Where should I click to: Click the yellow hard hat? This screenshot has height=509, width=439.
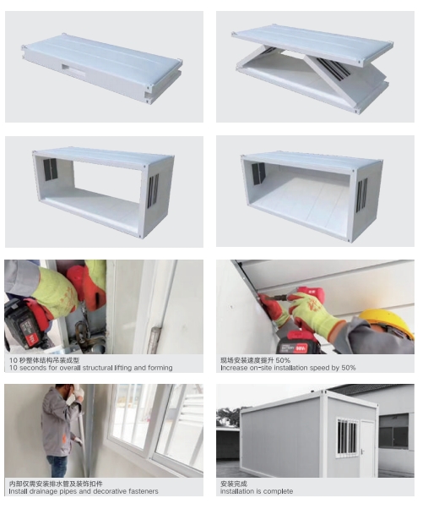[387, 323]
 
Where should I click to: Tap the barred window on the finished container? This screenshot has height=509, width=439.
[347, 436]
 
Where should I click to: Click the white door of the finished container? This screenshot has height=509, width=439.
[367, 448]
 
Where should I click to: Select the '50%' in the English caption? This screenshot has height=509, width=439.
[348, 368]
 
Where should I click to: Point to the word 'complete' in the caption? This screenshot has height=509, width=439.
[279, 491]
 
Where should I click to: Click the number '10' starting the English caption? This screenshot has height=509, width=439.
[13, 368]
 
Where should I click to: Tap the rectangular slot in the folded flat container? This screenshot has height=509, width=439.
[74, 69]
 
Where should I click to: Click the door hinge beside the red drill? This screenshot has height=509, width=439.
[155, 340]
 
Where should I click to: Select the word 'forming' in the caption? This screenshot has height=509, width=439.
[160, 368]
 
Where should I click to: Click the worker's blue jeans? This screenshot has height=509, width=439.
[57, 466]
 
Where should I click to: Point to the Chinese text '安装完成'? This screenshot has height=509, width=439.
[234, 484]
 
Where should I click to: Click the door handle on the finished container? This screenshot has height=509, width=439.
[362, 452]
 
